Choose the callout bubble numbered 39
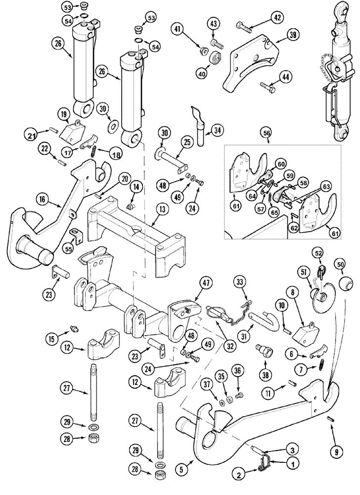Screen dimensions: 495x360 pos(294,35)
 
